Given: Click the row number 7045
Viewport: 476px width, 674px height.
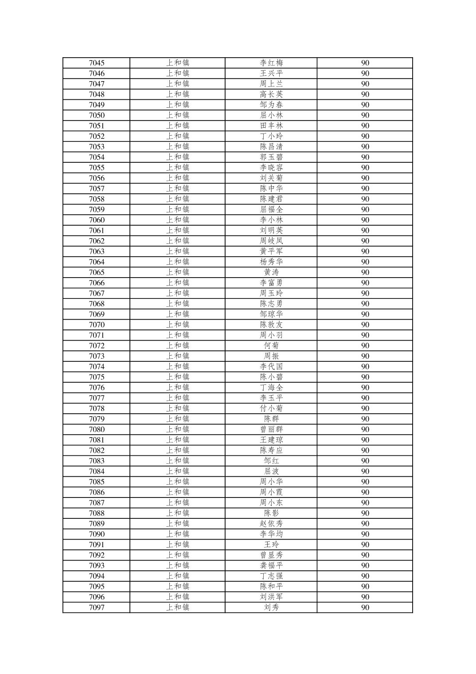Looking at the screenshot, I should point(97,63).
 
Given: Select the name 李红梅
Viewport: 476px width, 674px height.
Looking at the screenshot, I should point(271,63).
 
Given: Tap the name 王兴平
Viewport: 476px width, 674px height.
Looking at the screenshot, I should point(271,74).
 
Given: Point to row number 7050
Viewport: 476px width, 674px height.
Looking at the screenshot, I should point(97,115).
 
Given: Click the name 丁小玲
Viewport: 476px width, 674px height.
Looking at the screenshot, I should point(271,136).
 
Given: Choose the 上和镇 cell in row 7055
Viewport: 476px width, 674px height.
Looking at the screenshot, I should point(178,168).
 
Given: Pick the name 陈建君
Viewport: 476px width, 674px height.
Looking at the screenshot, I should point(271,199).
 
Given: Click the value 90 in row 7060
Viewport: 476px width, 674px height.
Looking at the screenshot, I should point(365,220).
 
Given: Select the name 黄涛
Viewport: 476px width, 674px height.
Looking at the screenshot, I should point(271,272).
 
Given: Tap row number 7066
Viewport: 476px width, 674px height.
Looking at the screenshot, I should point(97,283).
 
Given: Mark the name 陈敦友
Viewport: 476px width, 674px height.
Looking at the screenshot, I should point(271,325).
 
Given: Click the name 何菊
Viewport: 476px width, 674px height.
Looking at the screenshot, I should point(271,345).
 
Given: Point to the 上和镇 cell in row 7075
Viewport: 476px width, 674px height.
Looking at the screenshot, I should point(178,377).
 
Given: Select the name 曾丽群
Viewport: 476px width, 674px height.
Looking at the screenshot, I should point(271,429).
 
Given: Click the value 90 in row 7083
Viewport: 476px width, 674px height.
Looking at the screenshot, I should point(365,461).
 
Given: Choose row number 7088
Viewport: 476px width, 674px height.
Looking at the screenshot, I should point(97,513).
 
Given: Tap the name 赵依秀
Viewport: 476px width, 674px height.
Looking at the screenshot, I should point(271,524).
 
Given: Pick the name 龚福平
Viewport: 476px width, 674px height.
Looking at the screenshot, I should point(271,565).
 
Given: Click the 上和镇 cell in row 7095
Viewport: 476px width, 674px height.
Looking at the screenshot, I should point(178,586).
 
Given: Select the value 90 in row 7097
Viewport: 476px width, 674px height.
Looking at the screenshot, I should point(365,607).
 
